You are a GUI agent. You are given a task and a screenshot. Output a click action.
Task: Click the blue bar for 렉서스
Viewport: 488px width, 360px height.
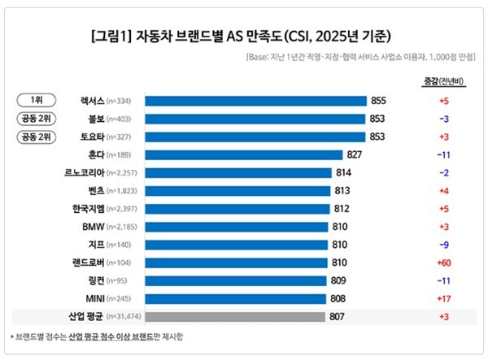(255, 101)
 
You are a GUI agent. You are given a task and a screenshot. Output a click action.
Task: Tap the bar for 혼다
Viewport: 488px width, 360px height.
(244, 154)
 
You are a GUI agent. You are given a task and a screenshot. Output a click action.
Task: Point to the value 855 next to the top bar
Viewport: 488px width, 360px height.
(378, 101)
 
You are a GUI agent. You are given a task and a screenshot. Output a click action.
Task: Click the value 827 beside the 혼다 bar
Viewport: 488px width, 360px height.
(355, 154)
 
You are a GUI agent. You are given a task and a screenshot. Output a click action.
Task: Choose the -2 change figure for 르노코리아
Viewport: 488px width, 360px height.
(443, 172)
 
